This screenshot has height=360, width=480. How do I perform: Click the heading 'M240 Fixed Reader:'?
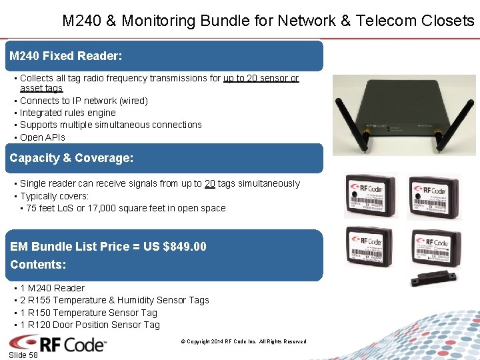[66, 56]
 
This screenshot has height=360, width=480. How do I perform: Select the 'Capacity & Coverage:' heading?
[71, 158]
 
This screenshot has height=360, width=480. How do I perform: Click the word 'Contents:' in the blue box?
[38, 265]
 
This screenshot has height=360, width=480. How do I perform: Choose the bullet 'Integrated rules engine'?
[67, 113]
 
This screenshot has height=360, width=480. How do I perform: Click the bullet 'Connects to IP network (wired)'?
[83, 101]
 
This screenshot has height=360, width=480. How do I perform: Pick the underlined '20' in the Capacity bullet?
[209, 183]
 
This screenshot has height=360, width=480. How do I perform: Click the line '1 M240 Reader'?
[52, 288]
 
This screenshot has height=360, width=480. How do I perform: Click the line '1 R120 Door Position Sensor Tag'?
[90, 325]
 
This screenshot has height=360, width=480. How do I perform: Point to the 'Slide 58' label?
[23, 355]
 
